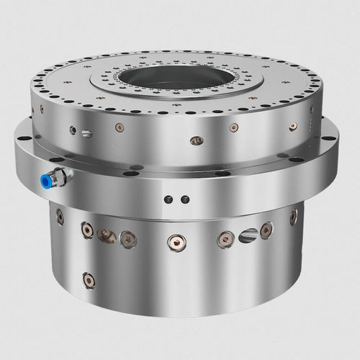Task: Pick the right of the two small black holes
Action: (x=184, y=199)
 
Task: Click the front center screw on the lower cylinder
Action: (x=174, y=241)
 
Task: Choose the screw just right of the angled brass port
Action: (x=127, y=237)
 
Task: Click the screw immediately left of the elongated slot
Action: (x=225, y=238)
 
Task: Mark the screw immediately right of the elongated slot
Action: (x=266, y=230)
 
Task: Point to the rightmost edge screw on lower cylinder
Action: (x=293, y=217)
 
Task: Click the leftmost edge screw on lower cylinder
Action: (x=60, y=215)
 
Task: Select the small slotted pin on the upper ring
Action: (x=86, y=133)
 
